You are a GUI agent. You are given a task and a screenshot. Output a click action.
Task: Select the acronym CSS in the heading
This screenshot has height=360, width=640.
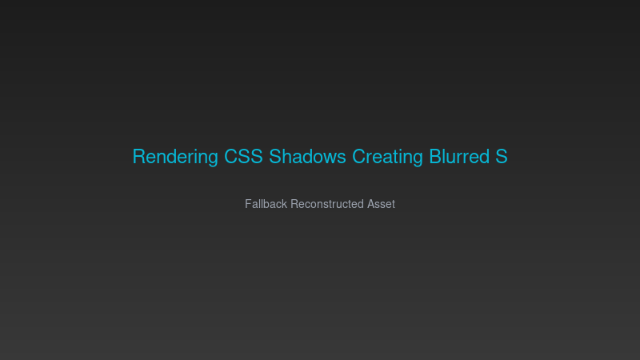(243, 156)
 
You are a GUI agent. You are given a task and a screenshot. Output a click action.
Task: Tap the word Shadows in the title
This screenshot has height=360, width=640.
(307, 156)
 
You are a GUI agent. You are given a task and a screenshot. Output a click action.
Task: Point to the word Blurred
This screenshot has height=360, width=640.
(459, 156)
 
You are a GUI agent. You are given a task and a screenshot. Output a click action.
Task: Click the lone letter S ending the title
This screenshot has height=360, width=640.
(502, 156)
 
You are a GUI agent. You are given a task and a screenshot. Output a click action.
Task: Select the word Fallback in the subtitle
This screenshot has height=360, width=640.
(266, 204)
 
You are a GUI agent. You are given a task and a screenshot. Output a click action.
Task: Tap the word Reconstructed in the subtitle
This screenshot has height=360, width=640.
(327, 204)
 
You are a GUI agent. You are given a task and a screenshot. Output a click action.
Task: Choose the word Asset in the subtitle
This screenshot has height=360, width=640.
(381, 204)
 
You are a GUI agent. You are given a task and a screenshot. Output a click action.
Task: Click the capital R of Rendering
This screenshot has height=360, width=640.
(139, 156)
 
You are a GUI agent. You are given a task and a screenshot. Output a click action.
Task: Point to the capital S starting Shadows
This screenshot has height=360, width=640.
(275, 156)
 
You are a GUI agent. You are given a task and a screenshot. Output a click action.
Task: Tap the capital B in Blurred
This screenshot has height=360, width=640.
(435, 156)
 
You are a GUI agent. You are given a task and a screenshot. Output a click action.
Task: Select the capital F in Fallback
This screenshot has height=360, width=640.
(248, 204)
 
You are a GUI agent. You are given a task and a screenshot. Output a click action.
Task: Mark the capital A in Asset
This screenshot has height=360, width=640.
(370, 204)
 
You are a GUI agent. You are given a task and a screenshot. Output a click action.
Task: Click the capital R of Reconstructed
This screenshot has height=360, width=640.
(294, 204)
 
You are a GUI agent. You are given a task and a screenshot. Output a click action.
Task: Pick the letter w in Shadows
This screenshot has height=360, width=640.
(330, 158)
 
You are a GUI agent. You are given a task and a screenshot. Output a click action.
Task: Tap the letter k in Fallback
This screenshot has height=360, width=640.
(285, 204)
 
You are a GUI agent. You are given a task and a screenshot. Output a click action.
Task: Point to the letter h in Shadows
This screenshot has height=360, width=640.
(287, 156)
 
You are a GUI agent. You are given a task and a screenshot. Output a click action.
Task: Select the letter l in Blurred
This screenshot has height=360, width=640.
(446, 156)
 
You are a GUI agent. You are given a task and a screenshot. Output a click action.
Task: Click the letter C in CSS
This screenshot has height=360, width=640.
(231, 156)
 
